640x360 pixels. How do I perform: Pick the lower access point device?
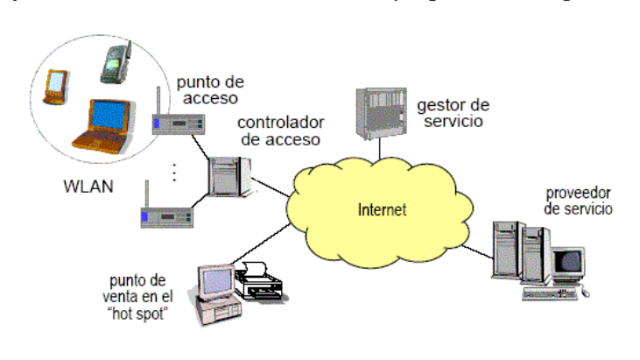tap(169, 214)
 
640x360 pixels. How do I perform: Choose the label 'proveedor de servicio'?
tap(578, 200)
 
